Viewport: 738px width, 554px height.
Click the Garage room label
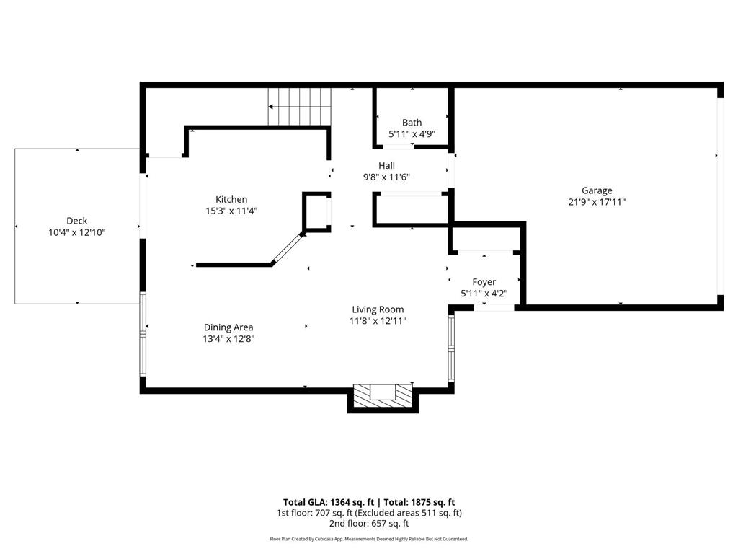tap(597, 190)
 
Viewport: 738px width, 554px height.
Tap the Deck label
tap(76, 221)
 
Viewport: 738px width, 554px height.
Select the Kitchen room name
tap(231, 199)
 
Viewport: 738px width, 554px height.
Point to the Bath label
tap(412, 123)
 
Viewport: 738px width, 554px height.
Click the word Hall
tap(387, 165)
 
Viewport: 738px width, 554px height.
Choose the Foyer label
tap(484, 282)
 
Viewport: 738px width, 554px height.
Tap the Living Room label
tap(378, 309)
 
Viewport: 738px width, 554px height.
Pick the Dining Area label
tap(228, 327)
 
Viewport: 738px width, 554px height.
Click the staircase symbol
tap(299, 106)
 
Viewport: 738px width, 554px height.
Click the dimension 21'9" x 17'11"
tap(597, 202)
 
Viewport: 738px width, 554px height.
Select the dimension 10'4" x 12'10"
tap(76, 232)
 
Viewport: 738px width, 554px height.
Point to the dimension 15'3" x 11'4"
tap(231, 211)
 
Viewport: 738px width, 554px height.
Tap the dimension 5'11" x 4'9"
tap(412, 134)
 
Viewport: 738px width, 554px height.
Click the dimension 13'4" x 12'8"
tap(228, 338)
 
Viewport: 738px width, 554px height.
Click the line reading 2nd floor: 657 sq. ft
tap(368, 524)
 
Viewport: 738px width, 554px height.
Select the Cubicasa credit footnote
tap(368, 539)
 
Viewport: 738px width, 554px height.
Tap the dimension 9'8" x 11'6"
tap(387, 177)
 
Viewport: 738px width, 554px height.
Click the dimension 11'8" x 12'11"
tap(378, 321)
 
